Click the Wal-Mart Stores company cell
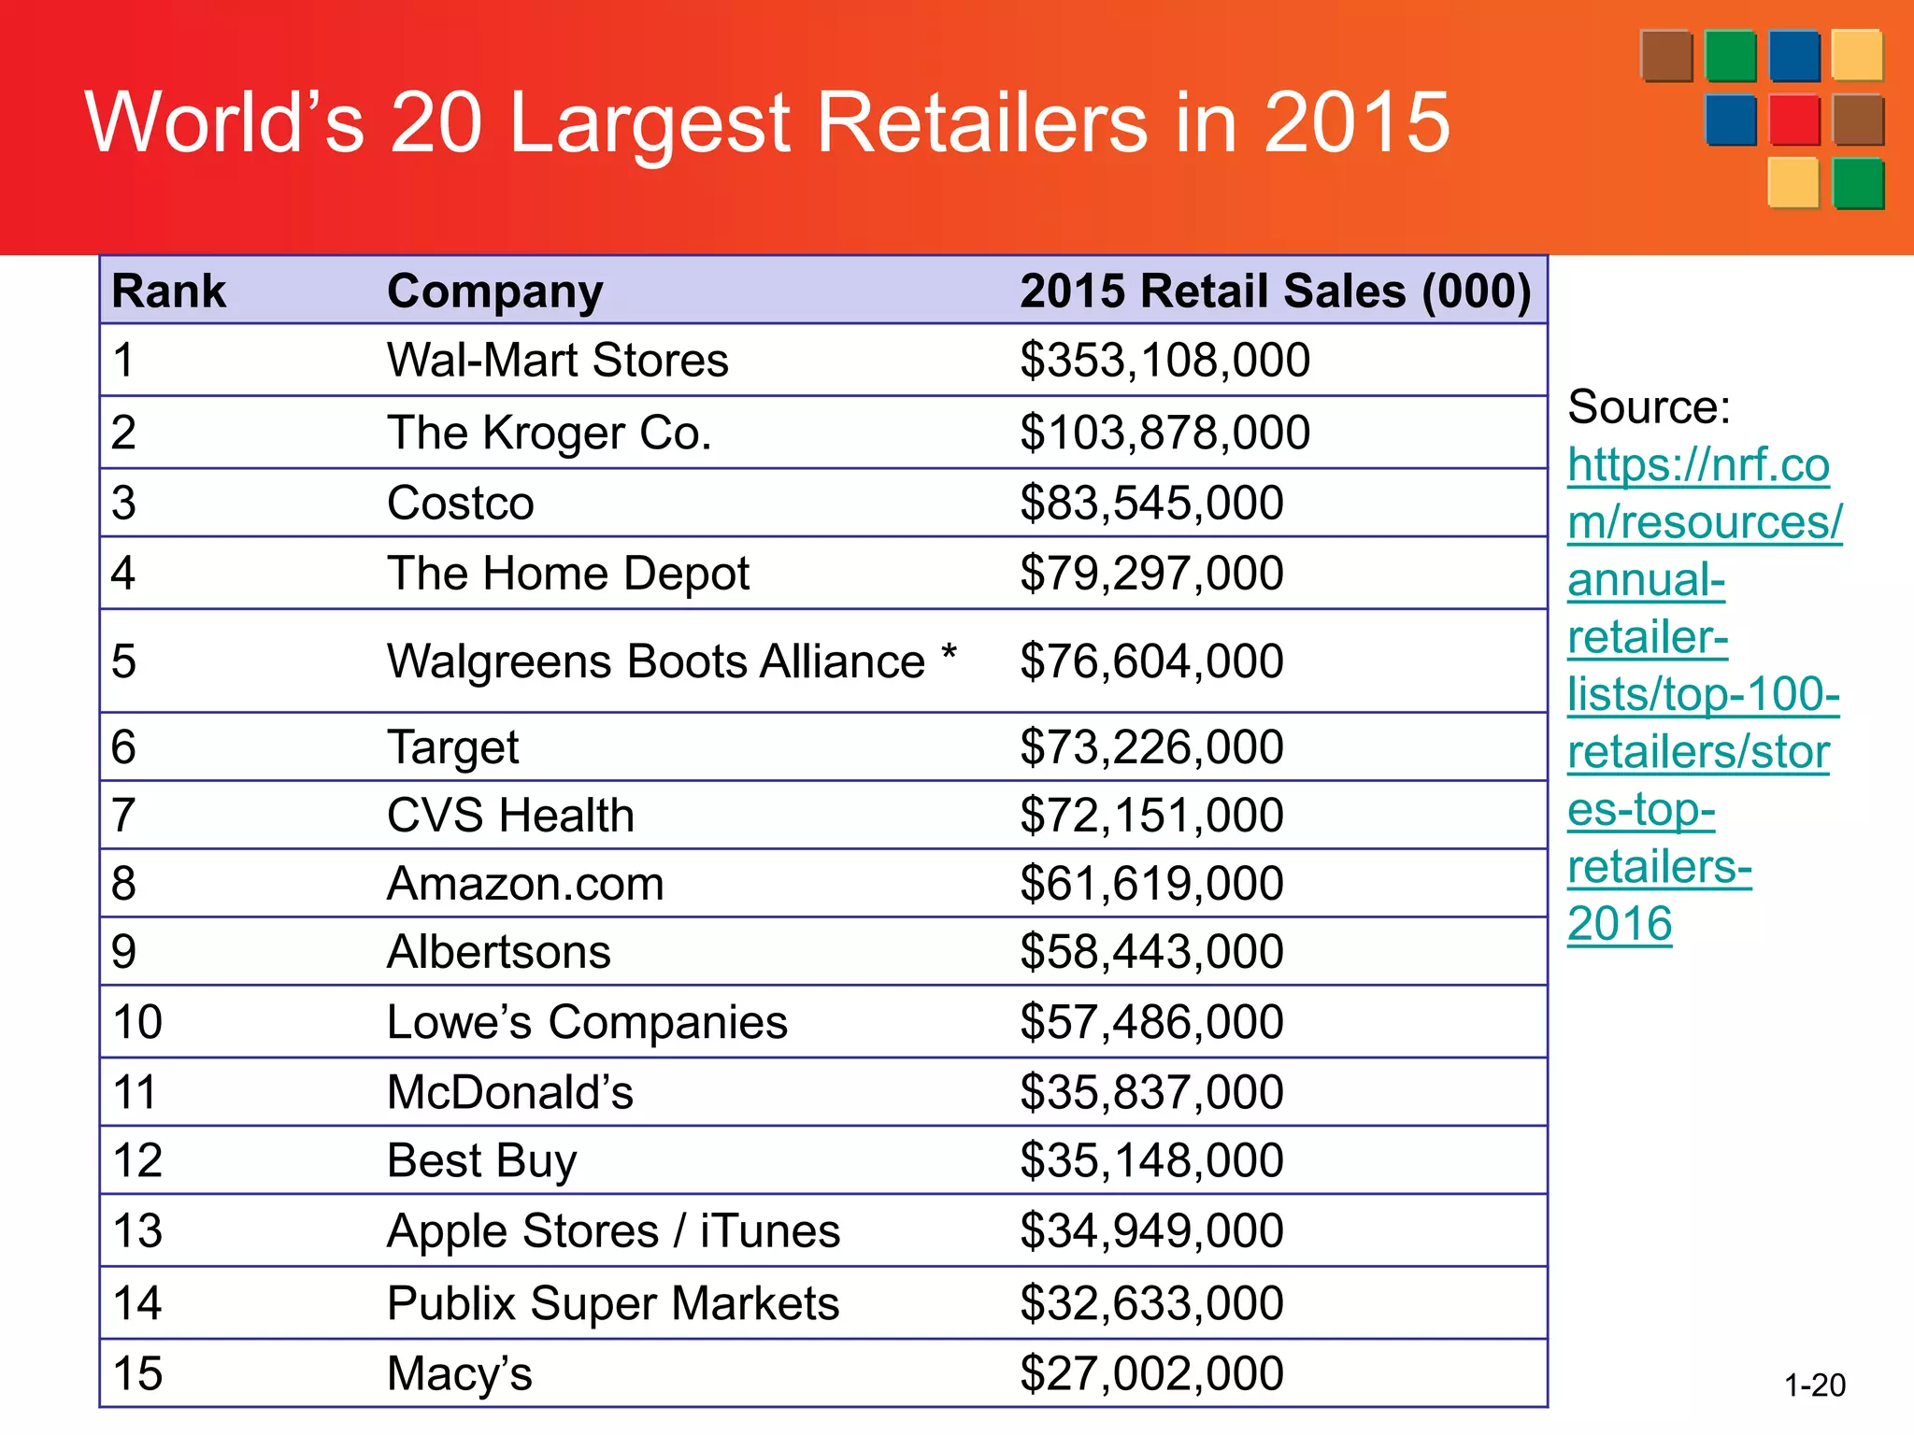(x=557, y=361)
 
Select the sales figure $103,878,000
(x=1164, y=433)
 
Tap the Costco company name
(x=460, y=504)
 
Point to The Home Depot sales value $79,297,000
(x=1151, y=574)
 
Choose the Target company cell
(x=452, y=747)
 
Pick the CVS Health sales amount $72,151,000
(x=1151, y=816)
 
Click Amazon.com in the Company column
(x=525, y=884)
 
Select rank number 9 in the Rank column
(x=123, y=952)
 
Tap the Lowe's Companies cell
(x=587, y=1022)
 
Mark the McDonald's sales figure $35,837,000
(x=1151, y=1092)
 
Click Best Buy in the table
(x=481, y=1161)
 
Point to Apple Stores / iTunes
(x=613, y=1231)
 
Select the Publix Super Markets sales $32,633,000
(x=1151, y=1303)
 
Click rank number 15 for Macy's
(x=137, y=1374)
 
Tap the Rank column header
(x=168, y=291)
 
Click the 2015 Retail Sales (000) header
(x=1275, y=291)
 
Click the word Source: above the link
(x=1649, y=407)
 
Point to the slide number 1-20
(x=1814, y=1385)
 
